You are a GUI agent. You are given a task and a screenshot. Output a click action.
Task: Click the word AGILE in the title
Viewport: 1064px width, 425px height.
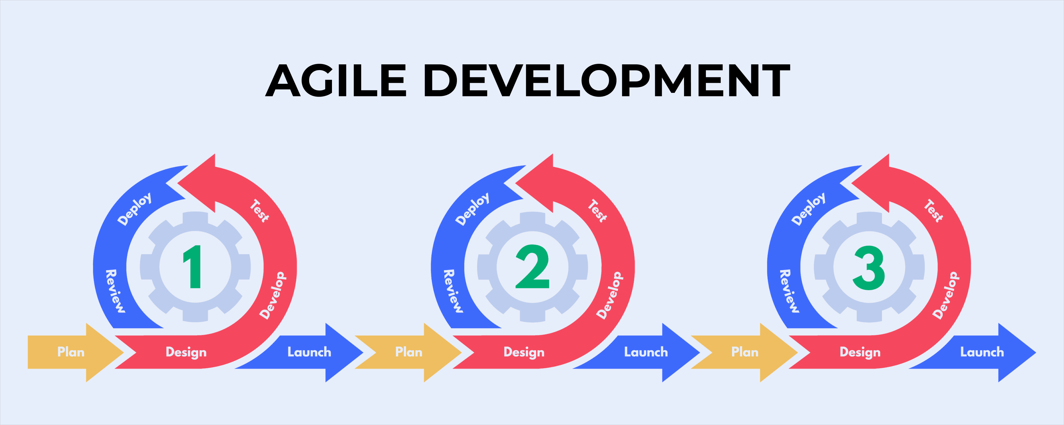coord(336,80)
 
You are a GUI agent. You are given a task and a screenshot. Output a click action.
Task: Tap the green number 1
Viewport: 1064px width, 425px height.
coord(192,267)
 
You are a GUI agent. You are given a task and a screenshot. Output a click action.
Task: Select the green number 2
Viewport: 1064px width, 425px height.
coord(532,267)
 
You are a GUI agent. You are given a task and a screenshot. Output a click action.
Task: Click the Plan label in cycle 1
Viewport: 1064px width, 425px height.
coord(71,352)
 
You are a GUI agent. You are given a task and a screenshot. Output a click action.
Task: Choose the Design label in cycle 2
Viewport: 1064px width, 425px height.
coord(524,352)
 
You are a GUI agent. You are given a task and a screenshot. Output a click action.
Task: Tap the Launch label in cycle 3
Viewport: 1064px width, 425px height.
coord(982,352)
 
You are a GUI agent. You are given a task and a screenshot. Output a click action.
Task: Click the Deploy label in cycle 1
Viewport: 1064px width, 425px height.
coord(135,209)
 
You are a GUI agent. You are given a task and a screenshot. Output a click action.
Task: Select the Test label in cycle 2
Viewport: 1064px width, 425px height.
coord(597,211)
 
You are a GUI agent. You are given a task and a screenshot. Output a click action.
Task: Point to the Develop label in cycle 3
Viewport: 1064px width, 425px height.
coord(946,295)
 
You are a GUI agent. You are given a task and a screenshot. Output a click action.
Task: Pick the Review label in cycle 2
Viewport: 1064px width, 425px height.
coord(453,291)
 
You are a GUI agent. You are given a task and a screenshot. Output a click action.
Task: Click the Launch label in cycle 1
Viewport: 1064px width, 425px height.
coord(309,352)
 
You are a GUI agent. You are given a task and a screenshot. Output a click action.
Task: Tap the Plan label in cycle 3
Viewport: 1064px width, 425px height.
coord(745,352)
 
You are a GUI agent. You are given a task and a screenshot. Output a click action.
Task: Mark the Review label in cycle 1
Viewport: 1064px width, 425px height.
coord(115,291)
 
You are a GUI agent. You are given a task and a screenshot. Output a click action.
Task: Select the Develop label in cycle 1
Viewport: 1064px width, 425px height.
coord(272,295)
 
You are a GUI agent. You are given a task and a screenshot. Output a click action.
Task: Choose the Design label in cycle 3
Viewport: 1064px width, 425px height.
coord(860,352)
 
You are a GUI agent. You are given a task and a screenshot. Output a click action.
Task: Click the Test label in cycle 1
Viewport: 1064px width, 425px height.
coord(259,211)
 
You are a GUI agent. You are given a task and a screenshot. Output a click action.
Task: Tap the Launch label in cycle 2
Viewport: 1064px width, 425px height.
coord(646,352)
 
